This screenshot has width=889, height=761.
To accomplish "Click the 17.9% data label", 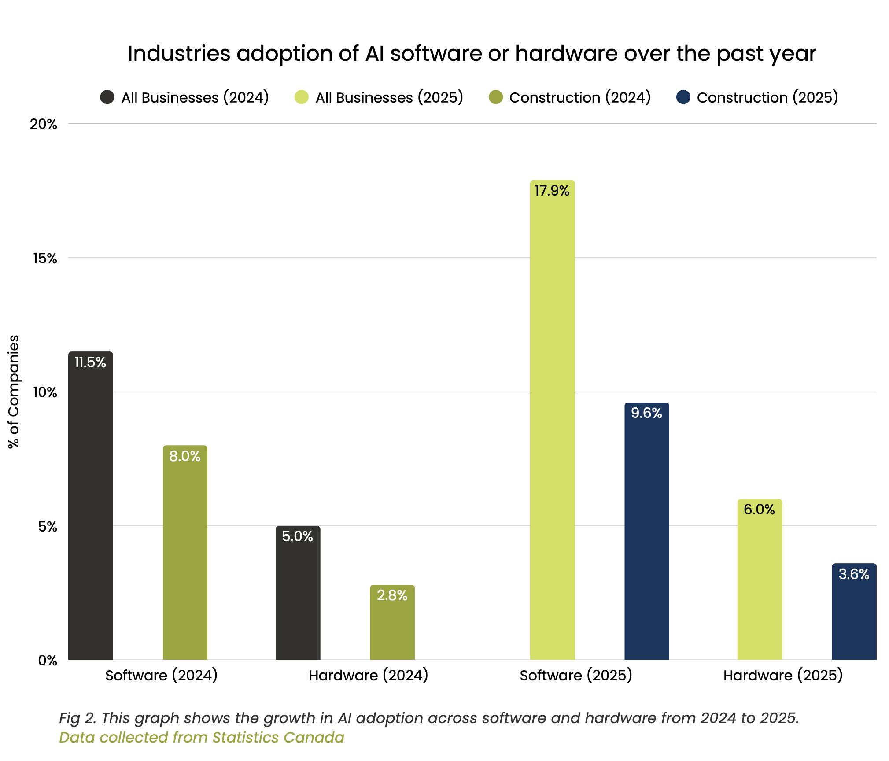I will point(552,191).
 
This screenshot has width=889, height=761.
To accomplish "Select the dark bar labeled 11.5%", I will point(91,506).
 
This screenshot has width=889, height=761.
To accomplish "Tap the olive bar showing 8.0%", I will point(185,555).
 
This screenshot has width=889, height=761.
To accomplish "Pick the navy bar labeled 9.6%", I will point(646,533).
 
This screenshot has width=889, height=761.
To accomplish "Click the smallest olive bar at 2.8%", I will point(392,625).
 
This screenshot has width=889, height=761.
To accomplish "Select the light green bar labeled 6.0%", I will point(760,581).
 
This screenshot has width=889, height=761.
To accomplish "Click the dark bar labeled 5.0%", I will point(298,595).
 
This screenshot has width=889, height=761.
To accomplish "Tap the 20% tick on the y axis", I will point(44,124).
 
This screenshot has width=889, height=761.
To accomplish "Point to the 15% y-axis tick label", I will point(45,259).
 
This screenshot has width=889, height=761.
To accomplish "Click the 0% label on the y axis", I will point(48,661).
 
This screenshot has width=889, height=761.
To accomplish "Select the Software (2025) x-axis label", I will point(575,675).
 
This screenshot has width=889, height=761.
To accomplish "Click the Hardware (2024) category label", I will point(369,675).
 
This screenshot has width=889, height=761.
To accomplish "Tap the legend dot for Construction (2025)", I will point(683,97).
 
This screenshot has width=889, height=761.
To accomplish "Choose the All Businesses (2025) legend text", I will point(389,97).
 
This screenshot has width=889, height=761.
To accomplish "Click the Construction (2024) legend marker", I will point(496,97).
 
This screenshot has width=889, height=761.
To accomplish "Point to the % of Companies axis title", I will point(14,392).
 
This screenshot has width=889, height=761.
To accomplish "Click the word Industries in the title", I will point(179,54).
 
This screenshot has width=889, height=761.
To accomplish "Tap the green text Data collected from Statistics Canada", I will point(202,737).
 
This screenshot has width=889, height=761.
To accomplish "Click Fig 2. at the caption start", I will point(77,718).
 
